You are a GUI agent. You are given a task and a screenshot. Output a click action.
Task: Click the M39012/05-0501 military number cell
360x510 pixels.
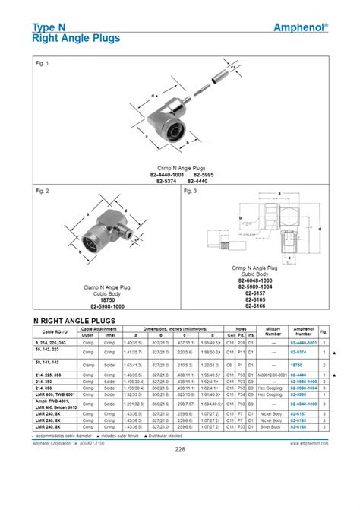tap(271, 375)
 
